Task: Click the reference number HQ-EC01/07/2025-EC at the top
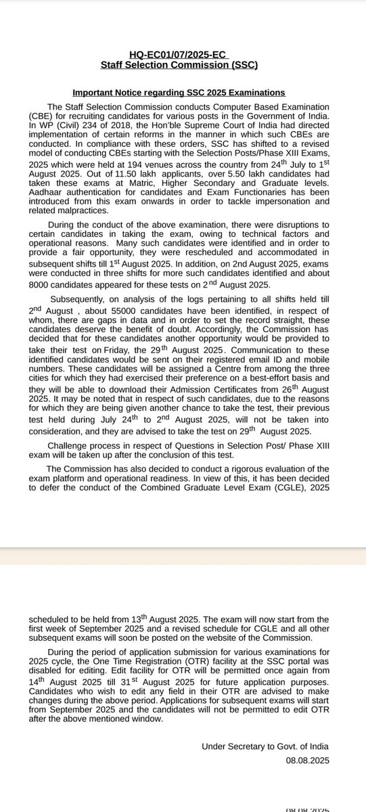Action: tap(179, 55)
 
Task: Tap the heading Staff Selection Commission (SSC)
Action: tap(179, 65)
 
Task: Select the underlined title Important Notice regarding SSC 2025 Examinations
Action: tap(179, 93)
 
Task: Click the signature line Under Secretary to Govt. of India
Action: tap(265, 746)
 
